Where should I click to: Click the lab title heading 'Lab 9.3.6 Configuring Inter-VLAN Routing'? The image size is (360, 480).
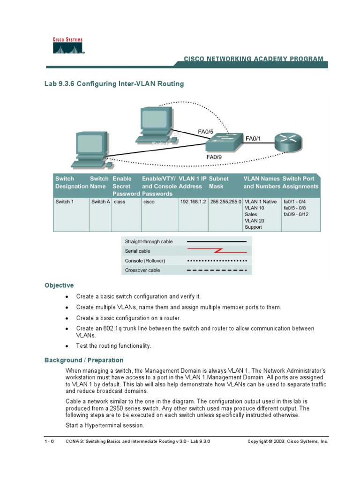[x=114, y=84]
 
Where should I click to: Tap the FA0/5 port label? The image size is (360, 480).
[x=205, y=132]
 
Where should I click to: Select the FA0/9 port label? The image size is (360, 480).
[x=214, y=157]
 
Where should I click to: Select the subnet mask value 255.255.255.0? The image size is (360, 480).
[x=225, y=202]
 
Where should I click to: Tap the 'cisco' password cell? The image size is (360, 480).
[x=149, y=202]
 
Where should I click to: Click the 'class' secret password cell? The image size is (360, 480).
[x=120, y=202]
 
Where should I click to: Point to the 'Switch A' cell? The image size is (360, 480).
[x=101, y=202]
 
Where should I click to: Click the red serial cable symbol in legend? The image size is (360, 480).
[x=217, y=251]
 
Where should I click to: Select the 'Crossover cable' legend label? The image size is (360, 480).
[x=142, y=270]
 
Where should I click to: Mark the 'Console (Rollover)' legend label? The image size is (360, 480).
[x=145, y=261]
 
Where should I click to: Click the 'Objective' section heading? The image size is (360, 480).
[x=59, y=285]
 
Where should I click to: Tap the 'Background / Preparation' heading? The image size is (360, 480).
[x=84, y=360]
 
